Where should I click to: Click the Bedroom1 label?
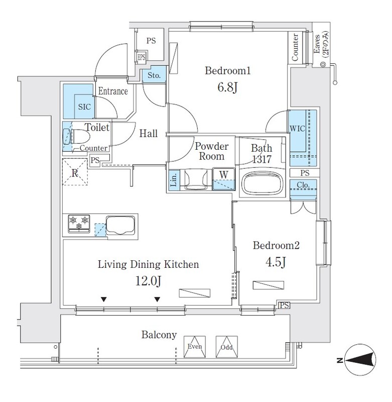click(x=227, y=71)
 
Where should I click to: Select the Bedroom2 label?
click(x=276, y=246)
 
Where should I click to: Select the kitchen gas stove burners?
click(x=78, y=223)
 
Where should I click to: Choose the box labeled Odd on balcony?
click(x=225, y=346)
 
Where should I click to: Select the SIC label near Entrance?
click(x=84, y=107)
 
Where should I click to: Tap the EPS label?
click(x=141, y=57)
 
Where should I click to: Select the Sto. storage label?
click(x=154, y=76)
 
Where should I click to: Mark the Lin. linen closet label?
click(x=173, y=180)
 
